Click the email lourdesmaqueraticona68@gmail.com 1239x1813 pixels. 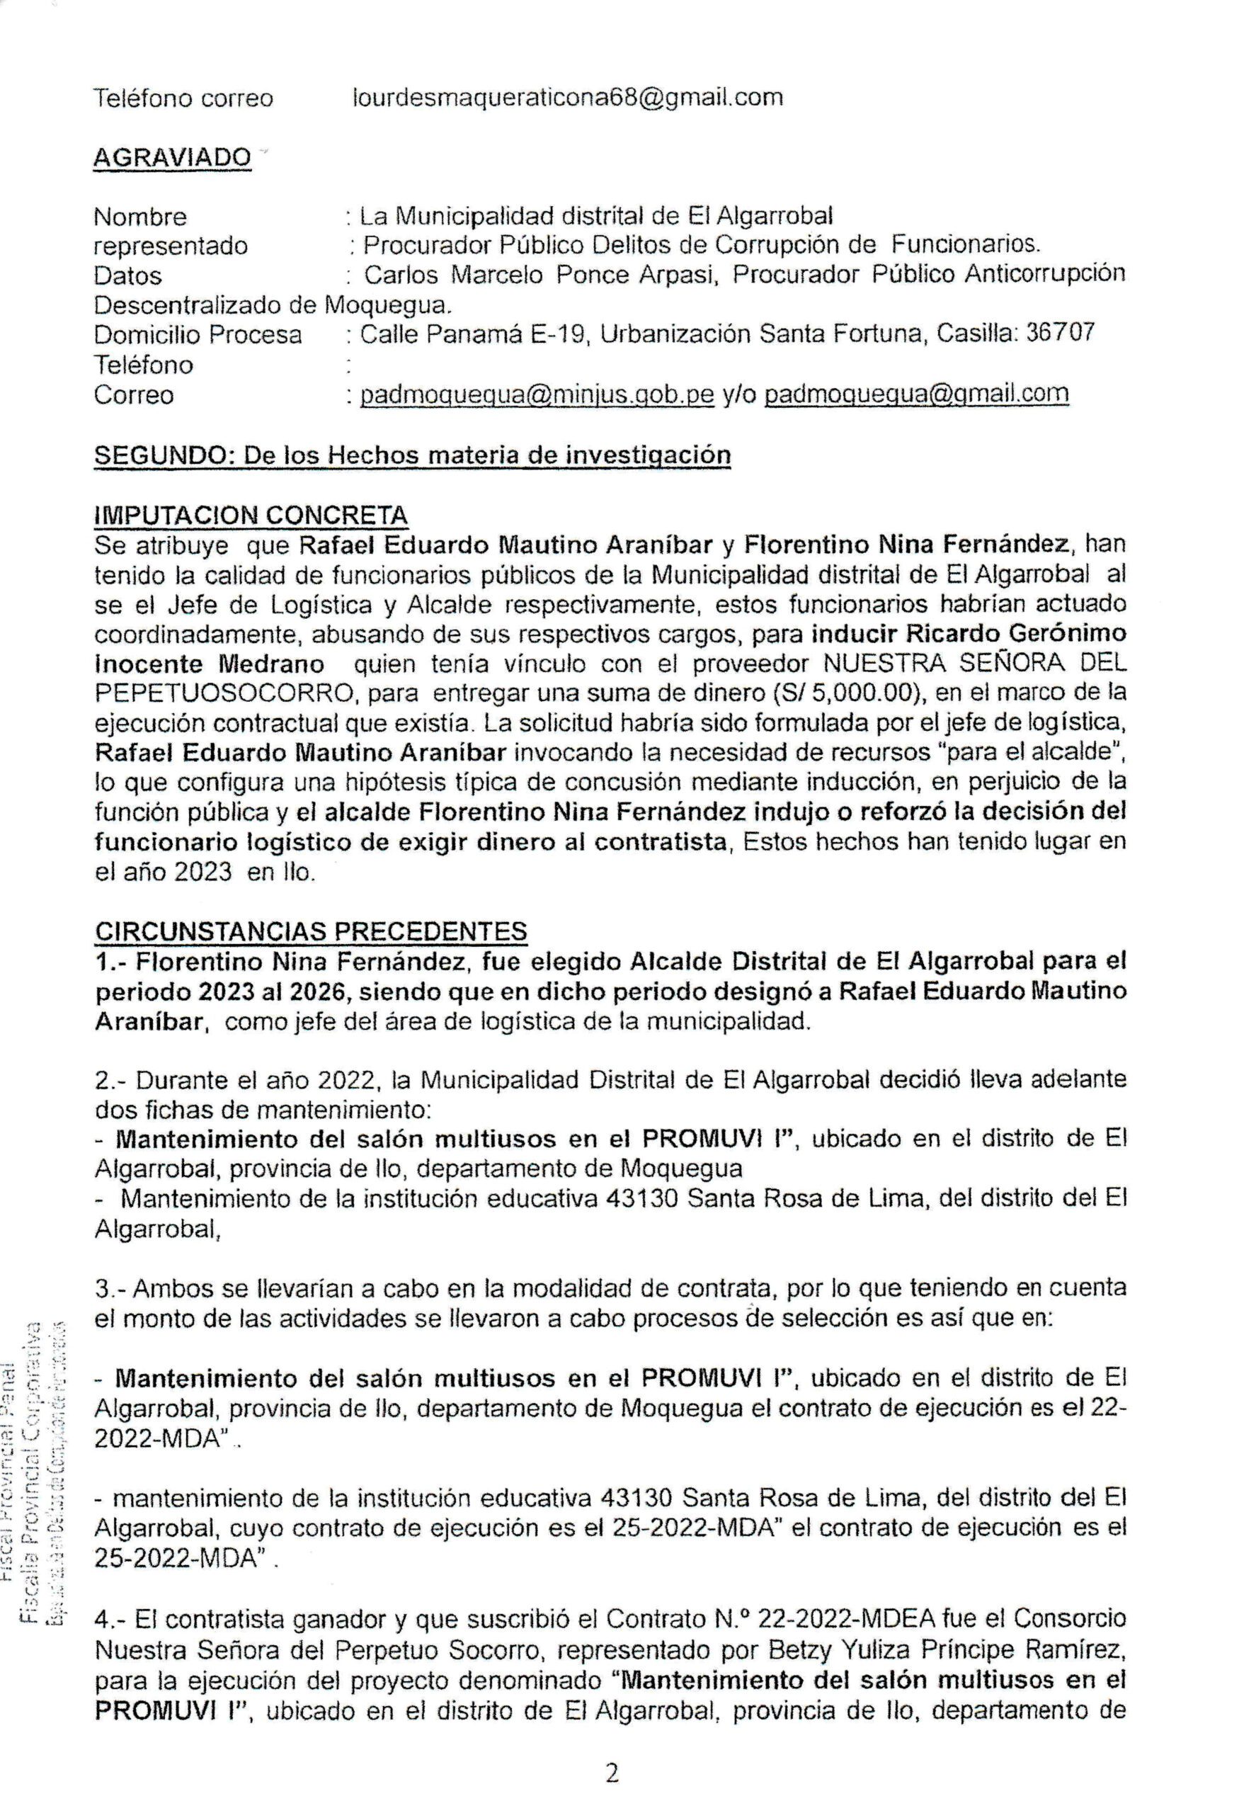click(x=568, y=98)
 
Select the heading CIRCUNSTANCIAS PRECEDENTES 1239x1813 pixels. click(x=310, y=931)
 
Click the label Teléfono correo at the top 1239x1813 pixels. click(x=183, y=98)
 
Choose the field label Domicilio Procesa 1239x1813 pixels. click(x=198, y=336)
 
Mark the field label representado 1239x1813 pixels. click(x=171, y=246)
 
